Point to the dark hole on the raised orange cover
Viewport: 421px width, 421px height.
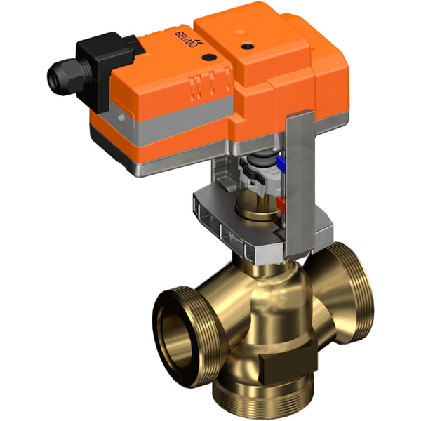(x=246, y=46)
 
